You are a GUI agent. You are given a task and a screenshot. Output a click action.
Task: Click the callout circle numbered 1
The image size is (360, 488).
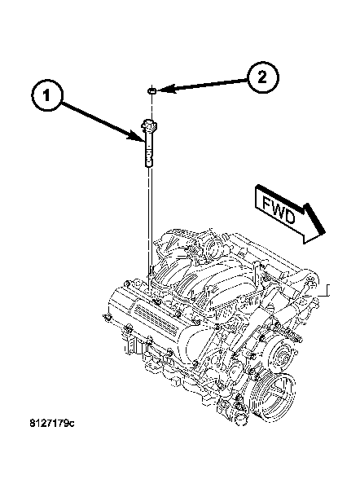point(47,95)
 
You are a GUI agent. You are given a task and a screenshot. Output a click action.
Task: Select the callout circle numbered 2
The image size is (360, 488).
point(263,77)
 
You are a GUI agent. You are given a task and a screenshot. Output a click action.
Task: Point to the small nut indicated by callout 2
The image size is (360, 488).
point(151,90)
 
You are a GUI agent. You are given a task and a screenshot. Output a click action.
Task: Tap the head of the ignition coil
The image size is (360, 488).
point(149,125)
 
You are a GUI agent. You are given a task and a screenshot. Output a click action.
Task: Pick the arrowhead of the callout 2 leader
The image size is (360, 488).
point(165,90)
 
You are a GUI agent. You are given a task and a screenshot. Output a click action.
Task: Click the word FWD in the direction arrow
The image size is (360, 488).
point(279,210)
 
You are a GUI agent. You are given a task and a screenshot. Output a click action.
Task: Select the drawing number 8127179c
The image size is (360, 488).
point(52,424)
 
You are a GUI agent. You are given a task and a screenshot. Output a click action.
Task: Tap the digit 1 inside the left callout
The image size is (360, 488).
point(46,95)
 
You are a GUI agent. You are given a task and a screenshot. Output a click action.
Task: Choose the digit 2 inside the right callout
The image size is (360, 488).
point(262,77)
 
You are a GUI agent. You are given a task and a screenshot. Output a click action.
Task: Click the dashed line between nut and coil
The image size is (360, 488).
point(151,106)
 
